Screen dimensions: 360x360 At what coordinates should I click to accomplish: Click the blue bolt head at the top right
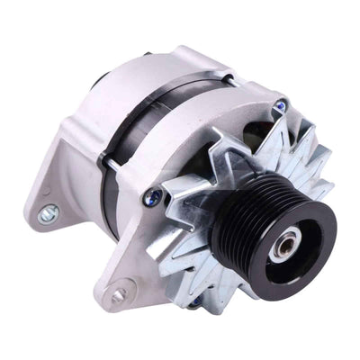[280, 107]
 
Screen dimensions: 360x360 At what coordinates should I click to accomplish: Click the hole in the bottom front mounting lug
[115, 294]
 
